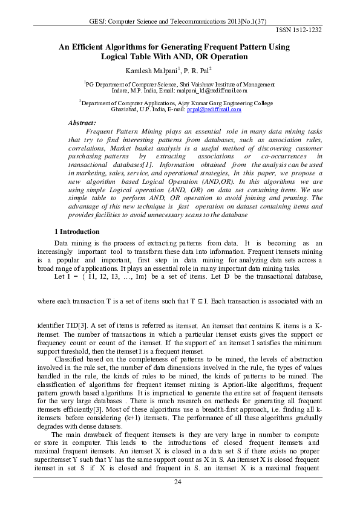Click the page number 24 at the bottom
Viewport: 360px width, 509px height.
click(178, 482)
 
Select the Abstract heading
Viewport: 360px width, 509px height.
click(83, 123)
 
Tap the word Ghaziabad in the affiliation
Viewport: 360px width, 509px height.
click(126, 110)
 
